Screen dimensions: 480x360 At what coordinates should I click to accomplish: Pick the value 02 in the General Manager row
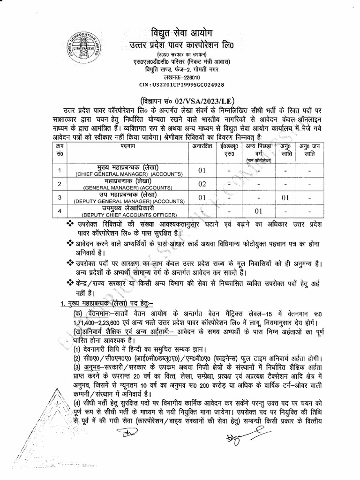[x=202, y=184]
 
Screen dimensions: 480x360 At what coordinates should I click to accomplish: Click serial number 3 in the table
[x=60, y=197]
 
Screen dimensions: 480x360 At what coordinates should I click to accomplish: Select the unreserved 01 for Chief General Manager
[x=202, y=171]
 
